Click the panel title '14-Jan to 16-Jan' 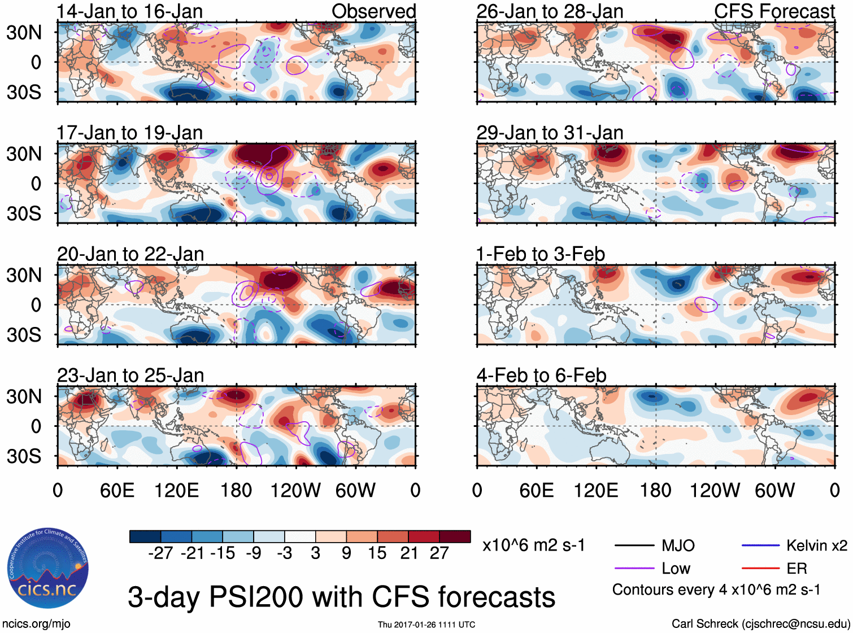(130, 11)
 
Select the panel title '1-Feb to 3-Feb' (541, 254)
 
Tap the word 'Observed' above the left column (373, 11)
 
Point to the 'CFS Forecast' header (774, 11)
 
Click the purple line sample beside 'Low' (634, 569)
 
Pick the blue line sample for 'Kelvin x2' (760, 545)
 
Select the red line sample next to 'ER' (760, 569)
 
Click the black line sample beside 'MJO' (634, 545)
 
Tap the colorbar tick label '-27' (160, 553)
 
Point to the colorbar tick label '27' (439, 553)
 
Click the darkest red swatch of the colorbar (455, 536)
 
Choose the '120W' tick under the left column (295, 490)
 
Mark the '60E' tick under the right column (536, 490)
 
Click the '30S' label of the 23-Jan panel (24, 456)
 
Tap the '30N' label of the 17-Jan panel (24, 154)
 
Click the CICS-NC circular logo (47, 569)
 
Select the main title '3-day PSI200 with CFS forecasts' (341, 597)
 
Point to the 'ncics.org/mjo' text (36, 624)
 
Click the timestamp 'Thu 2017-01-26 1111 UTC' (426, 625)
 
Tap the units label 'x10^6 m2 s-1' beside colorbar (533, 545)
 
